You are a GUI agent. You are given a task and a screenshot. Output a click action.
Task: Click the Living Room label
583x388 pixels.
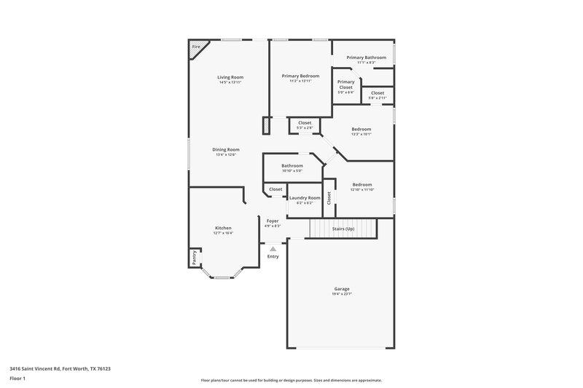point(230,77)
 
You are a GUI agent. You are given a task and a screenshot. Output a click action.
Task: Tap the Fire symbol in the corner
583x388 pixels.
point(195,47)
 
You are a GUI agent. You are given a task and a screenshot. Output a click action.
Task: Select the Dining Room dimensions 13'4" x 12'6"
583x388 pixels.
point(227,155)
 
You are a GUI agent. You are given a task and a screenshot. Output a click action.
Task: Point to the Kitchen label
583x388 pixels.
point(223,228)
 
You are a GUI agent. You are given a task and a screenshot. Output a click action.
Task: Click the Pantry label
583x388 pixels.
point(195,257)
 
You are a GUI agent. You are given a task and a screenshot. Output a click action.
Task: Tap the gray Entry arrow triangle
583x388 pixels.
point(273,249)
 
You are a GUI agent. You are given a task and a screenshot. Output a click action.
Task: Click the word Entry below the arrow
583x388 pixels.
point(273,256)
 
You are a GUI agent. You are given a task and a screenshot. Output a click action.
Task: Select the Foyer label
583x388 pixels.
point(273,221)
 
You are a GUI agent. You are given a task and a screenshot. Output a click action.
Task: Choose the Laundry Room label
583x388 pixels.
point(305,198)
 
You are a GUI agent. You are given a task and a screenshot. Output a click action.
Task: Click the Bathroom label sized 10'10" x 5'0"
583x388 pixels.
point(292,165)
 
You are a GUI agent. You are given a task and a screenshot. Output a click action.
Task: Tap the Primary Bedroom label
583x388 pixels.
point(300,76)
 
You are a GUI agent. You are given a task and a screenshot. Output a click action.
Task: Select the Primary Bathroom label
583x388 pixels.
point(366,57)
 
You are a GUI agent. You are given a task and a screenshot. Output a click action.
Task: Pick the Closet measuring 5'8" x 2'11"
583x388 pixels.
point(377,98)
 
